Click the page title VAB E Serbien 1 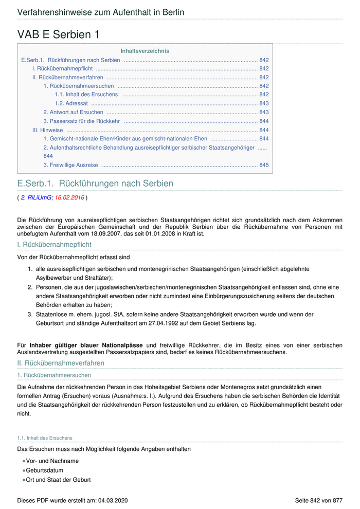58,34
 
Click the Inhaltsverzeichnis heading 145,51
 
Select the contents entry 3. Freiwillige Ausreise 70,165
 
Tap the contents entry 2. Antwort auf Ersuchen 73,112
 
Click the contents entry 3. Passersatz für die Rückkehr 81,121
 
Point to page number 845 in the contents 264,165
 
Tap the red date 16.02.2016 69,197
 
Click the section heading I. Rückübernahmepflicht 54,245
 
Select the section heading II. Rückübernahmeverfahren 61,363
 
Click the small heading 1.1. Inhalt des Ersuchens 45,438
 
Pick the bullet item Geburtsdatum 45,470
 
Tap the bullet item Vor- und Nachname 52,461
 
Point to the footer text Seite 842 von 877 318,500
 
